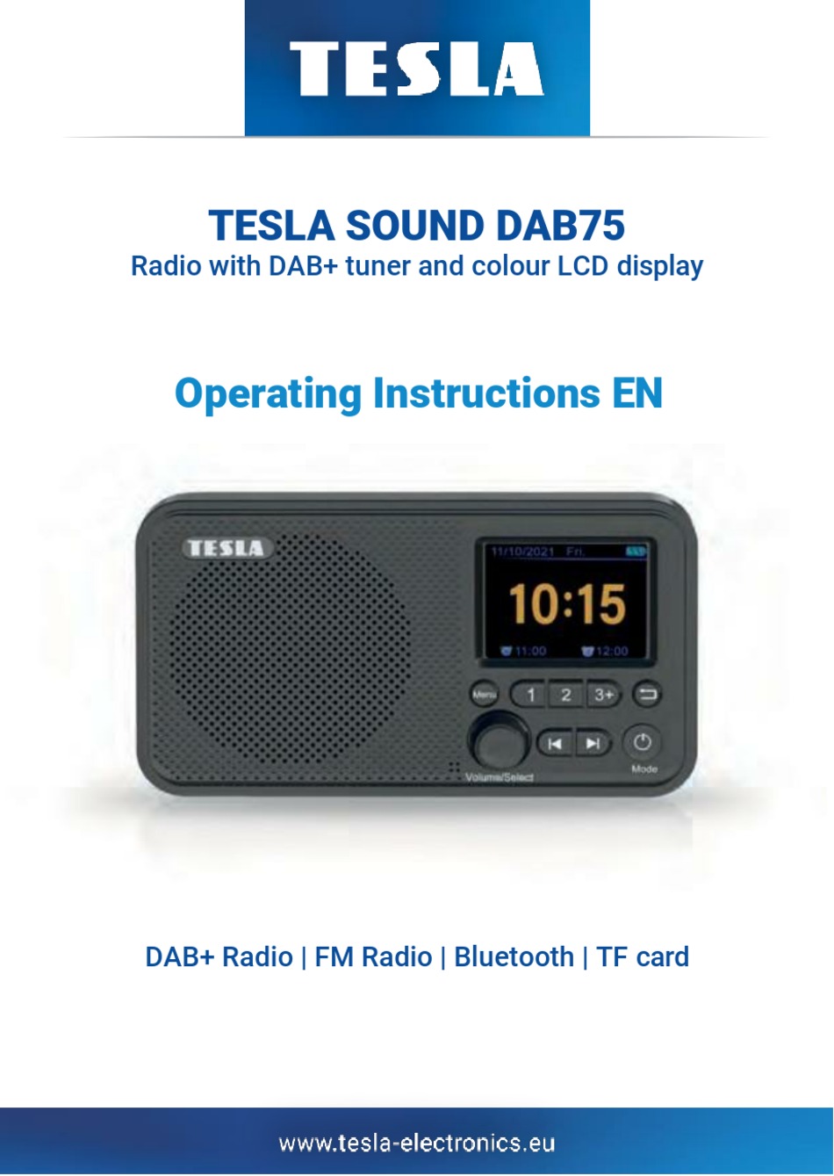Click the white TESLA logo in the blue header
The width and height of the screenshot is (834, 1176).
pyautogui.click(x=416, y=69)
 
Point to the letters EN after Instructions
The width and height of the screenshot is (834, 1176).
pyautogui.click(x=636, y=393)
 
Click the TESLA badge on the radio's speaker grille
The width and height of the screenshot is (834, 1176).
pyautogui.click(x=226, y=549)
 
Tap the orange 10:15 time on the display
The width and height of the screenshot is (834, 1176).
pyautogui.click(x=566, y=603)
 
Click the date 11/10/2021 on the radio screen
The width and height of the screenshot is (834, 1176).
pyautogui.click(x=521, y=552)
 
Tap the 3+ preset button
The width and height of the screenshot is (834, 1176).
pyautogui.click(x=603, y=696)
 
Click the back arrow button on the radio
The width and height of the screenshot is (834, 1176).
pyautogui.click(x=647, y=696)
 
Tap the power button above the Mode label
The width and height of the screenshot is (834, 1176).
pyautogui.click(x=643, y=742)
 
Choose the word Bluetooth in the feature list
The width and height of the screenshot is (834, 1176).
pyautogui.click(x=514, y=956)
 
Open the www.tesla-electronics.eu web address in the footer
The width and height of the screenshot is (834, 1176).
pyautogui.click(x=417, y=1143)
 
